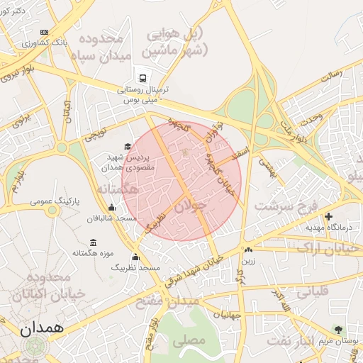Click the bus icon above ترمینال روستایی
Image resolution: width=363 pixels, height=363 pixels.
(x=143, y=78)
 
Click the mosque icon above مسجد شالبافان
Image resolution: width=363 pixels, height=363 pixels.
(x=111, y=208)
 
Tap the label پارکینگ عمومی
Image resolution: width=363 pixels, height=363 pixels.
(x=55, y=202)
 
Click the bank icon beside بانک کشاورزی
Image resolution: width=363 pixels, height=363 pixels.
(x=45, y=33)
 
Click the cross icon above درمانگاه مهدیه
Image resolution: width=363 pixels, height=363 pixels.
(x=328, y=216)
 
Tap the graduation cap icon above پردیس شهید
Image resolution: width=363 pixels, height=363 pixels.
(x=128, y=146)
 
